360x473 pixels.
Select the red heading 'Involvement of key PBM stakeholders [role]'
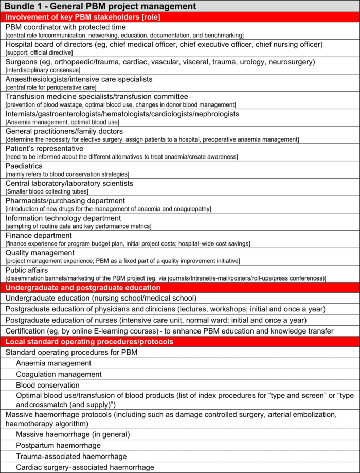click(83, 17)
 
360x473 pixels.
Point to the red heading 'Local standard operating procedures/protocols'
click(89, 341)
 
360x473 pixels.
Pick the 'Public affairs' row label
click(27, 270)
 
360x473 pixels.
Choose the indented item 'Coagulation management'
click(59, 374)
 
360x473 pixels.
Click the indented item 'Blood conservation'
click(48, 385)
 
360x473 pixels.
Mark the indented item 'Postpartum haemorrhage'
click(58, 445)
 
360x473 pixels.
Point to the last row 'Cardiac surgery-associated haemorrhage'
click(85, 467)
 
